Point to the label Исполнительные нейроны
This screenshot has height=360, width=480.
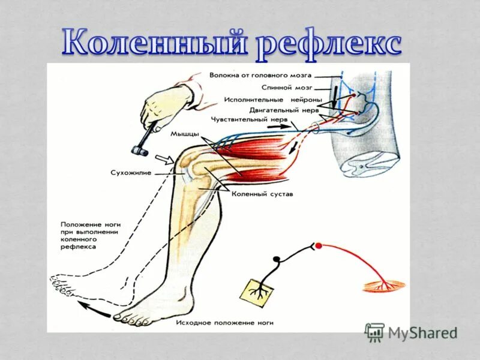(273, 99)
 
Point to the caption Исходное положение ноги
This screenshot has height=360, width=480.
(225, 322)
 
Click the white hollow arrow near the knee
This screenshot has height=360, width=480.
(164, 160)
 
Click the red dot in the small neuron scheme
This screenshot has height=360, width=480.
(319, 245)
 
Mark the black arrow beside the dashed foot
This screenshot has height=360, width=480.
(91, 306)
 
